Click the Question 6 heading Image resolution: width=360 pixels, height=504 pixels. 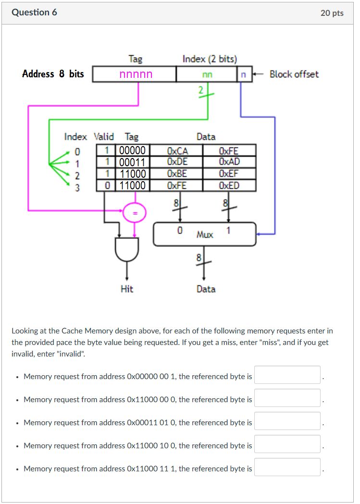click(34, 12)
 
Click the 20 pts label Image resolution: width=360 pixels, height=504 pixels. click(332, 13)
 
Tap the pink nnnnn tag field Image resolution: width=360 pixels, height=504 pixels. click(136, 74)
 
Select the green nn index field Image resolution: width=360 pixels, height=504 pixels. click(207, 74)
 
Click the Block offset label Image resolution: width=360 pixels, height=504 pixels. click(294, 74)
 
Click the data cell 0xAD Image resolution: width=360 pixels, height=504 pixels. click(229, 162)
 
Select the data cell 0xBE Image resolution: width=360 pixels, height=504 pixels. click(177, 173)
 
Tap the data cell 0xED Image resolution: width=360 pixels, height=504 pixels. click(229, 185)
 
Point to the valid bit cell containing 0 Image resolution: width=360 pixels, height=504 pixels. click(108, 185)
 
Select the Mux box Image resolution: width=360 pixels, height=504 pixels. click(204, 234)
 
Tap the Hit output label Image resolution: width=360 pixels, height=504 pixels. click(127, 289)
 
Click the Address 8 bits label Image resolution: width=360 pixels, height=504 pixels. click(53, 74)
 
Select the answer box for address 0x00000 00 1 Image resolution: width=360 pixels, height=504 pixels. click(287, 375)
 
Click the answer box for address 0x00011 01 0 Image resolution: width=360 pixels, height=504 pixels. click(287, 421)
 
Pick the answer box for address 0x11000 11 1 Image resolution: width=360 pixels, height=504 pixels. click(287, 467)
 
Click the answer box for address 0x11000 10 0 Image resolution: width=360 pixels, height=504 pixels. click(287, 444)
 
